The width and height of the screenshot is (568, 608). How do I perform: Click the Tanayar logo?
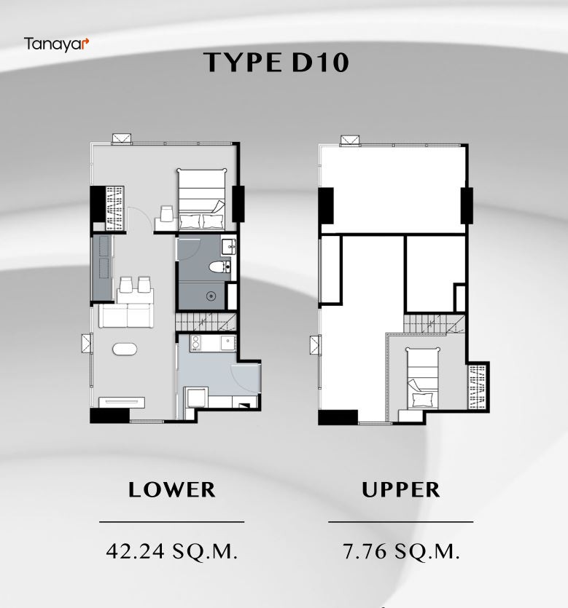pyautogui.click(x=56, y=44)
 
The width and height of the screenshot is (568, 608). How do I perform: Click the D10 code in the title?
pyautogui.click(x=320, y=63)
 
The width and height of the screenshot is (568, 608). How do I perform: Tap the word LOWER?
pyautogui.click(x=172, y=489)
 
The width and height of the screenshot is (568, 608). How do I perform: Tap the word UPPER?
pyautogui.click(x=401, y=489)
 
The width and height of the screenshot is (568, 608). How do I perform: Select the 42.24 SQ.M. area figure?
pyautogui.click(x=172, y=551)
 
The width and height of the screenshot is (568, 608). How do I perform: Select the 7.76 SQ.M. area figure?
pyautogui.click(x=401, y=551)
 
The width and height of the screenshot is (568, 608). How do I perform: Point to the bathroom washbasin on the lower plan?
pyautogui.click(x=228, y=247)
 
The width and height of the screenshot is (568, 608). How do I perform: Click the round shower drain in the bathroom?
pyautogui.click(x=211, y=296)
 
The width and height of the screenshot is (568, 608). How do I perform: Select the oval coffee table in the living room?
pyautogui.click(x=125, y=349)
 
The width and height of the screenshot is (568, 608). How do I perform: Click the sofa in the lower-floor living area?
pyautogui.click(x=127, y=315)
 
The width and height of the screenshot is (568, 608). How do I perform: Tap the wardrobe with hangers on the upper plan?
pyautogui.click(x=478, y=387)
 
